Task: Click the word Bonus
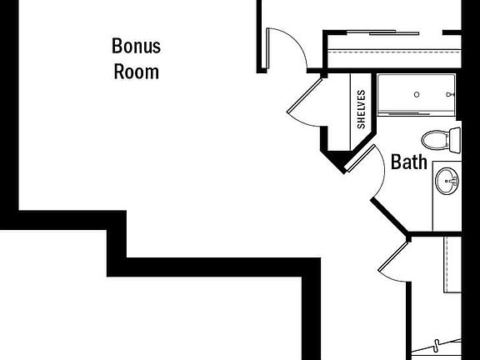tap(136, 46)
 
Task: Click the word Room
tap(136, 72)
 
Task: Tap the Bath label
tap(409, 162)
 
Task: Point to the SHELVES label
tap(361, 109)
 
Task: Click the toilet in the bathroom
tap(441, 139)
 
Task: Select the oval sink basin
tap(447, 181)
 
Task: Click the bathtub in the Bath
tap(417, 95)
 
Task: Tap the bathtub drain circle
tap(417, 95)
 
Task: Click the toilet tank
tap(455, 141)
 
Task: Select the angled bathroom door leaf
tap(360, 158)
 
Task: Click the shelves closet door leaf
tap(305, 96)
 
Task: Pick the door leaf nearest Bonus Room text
tap(267, 48)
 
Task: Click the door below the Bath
tap(393, 257)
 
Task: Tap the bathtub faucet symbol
tap(450, 95)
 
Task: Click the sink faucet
tap(454, 181)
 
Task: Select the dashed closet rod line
tap(394, 52)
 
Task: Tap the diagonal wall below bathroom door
tap(389, 216)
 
